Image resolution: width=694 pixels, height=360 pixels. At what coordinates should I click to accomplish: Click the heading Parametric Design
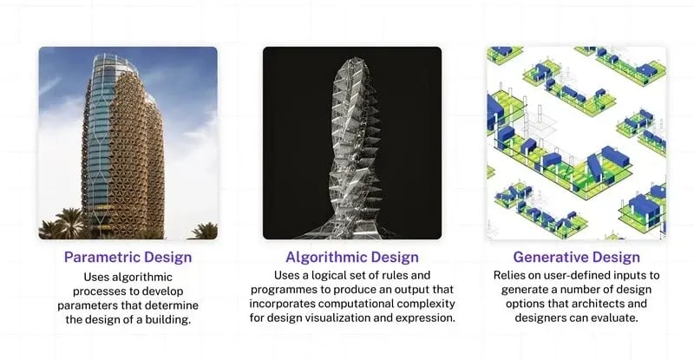click(x=128, y=257)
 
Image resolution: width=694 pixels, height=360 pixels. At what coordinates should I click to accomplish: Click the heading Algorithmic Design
click(x=352, y=257)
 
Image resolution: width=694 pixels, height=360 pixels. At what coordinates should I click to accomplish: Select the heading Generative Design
click(x=577, y=257)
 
